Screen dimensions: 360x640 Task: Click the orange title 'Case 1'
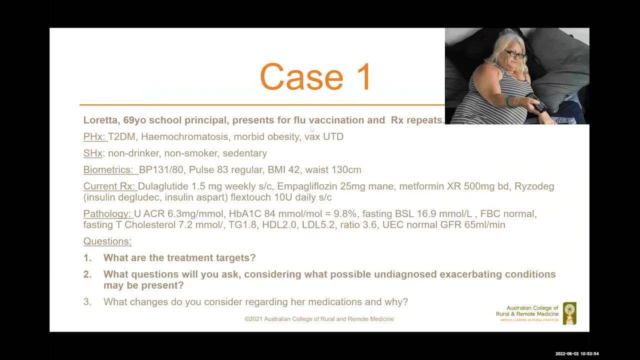coord(315,77)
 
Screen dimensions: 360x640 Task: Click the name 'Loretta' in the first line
coord(101,120)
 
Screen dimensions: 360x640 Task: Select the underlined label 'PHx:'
coord(94,136)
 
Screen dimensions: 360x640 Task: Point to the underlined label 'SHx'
coord(92,153)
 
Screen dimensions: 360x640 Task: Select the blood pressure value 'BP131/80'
coord(161,169)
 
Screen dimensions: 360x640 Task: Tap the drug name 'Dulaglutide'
coord(163,186)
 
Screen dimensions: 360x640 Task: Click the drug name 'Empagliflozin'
coord(307,186)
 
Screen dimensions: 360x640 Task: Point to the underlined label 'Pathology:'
coord(107,213)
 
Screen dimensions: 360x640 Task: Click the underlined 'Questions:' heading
coord(107,241)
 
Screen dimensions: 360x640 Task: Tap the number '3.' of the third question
coord(87,301)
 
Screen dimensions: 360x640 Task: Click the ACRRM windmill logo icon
coord(569,313)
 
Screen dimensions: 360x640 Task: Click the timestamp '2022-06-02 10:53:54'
coord(576,353)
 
